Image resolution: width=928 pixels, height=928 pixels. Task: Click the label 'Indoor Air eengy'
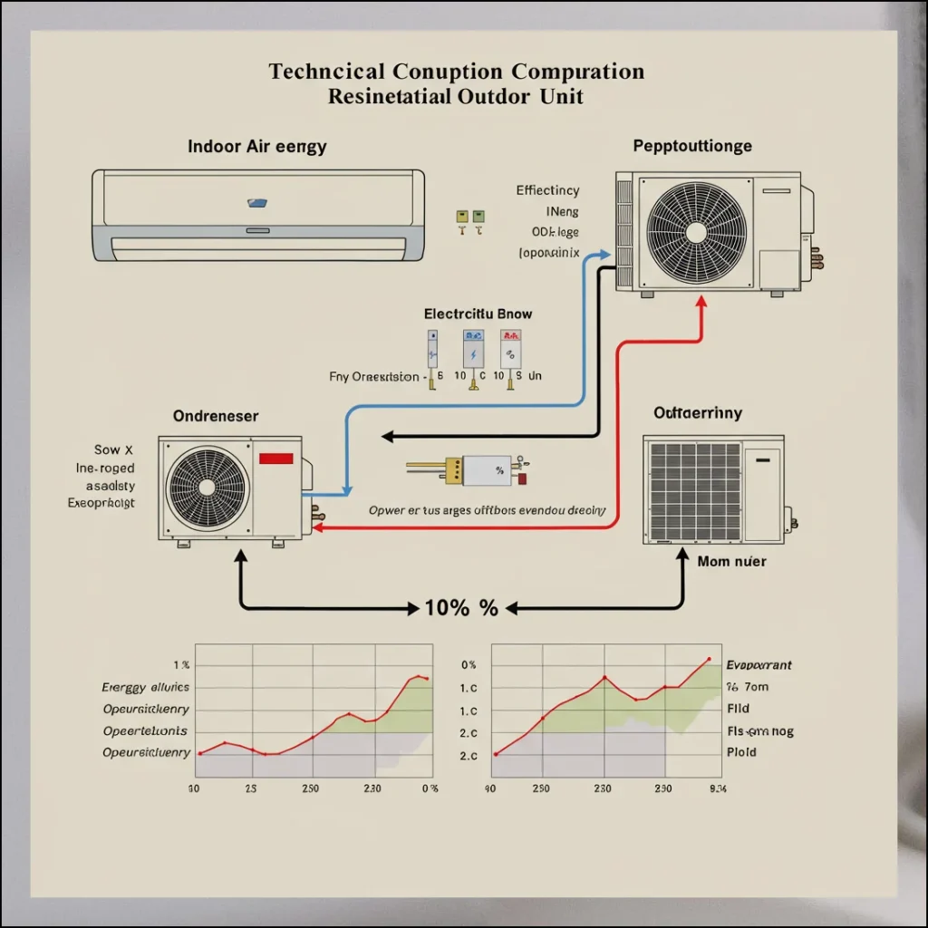click(256, 146)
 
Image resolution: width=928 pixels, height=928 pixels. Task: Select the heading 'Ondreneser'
click(215, 416)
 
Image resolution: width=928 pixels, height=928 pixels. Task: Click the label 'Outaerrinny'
click(697, 413)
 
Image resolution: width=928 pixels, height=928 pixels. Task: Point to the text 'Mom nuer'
click(731, 562)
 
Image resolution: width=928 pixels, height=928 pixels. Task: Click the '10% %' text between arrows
click(461, 608)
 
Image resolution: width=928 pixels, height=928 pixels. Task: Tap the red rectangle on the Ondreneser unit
click(275, 459)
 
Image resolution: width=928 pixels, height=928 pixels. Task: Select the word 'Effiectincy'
click(547, 190)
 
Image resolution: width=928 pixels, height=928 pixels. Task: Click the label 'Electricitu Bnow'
click(478, 314)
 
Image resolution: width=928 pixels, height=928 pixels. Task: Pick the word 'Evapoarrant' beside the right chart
click(759, 665)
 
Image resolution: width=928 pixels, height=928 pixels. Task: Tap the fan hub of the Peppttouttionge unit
click(695, 231)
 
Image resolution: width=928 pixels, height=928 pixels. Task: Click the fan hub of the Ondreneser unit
click(208, 488)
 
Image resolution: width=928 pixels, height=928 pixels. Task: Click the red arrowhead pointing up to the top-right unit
click(701, 304)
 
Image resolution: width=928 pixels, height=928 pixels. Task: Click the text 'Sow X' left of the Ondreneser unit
click(113, 449)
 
